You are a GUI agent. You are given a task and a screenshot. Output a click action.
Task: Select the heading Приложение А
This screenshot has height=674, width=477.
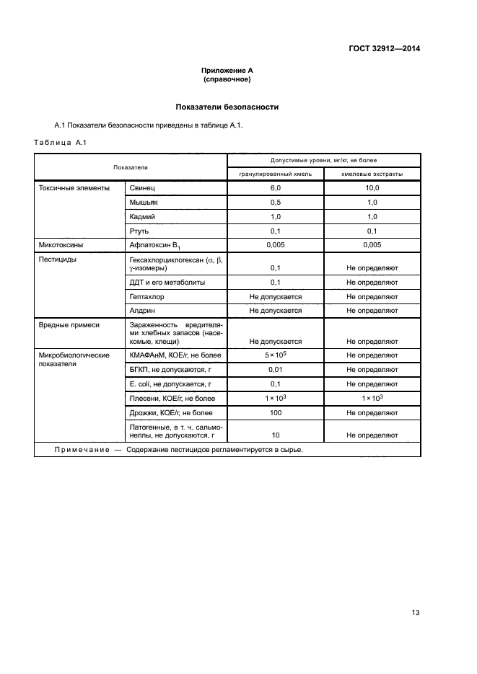pyautogui.click(x=227, y=71)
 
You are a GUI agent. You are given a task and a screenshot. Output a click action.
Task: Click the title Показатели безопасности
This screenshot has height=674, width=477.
pyautogui.click(x=227, y=107)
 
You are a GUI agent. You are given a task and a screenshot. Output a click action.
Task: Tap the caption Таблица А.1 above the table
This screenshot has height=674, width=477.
pyautogui.click(x=60, y=142)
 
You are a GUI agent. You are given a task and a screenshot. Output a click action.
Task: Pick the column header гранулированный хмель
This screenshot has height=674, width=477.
pyautogui.click(x=276, y=174)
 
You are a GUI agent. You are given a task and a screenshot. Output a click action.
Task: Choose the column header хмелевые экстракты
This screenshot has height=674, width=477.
pyautogui.click(x=372, y=174)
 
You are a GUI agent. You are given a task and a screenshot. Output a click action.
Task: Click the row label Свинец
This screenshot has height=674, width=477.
pyautogui.click(x=142, y=188)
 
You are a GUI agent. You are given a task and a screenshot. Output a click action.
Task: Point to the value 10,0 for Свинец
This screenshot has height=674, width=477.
pyautogui.click(x=372, y=188)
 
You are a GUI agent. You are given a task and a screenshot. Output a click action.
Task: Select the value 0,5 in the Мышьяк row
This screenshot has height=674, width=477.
pyautogui.click(x=276, y=203)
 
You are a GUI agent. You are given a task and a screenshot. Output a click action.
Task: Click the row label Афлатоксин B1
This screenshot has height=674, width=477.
pyautogui.click(x=155, y=246)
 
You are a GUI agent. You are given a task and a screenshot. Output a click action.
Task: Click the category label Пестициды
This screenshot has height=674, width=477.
pyautogui.click(x=58, y=259)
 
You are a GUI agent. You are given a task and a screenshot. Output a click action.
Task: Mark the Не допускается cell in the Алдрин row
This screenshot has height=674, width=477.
pyautogui.click(x=276, y=311)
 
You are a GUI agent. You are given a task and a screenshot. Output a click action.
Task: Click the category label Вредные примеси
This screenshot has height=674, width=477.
pyautogui.click(x=69, y=325)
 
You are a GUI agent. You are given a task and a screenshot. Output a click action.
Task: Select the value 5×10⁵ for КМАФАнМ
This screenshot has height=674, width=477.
pyautogui.click(x=276, y=355)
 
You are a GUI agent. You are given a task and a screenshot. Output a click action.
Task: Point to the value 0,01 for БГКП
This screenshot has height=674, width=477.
pyautogui.click(x=276, y=370)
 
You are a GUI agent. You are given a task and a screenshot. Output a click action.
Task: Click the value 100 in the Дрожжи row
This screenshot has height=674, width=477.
pyautogui.click(x=276, y=413)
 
